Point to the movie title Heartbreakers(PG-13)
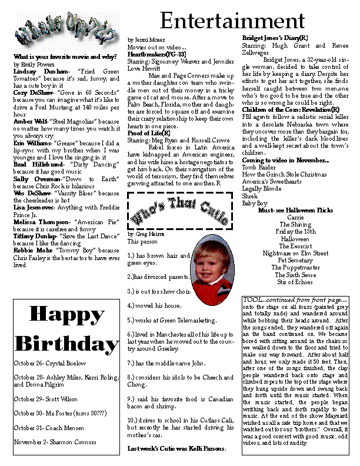[x=156, y=54]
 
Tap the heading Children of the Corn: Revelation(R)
[x=291, y=109]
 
